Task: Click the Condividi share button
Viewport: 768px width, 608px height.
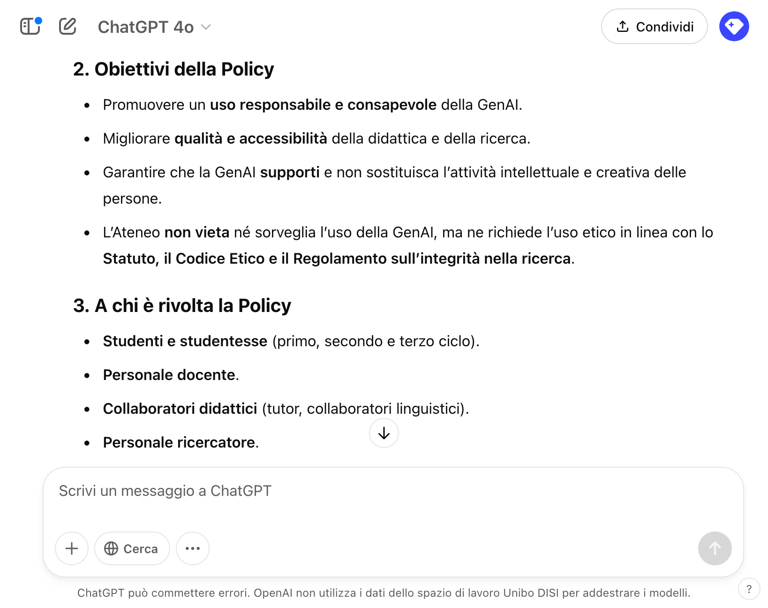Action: point(654,27)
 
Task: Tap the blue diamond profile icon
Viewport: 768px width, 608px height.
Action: point(734,26)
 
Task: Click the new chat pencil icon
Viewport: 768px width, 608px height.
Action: point(68,26)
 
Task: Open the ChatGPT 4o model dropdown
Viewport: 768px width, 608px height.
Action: point(154,27)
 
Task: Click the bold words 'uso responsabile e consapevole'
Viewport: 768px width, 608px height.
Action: point(323,105)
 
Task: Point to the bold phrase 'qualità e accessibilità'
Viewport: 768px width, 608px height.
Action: point(250,138)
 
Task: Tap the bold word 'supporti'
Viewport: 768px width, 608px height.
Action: point(290,172)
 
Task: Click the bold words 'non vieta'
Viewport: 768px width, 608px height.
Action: point(196,232)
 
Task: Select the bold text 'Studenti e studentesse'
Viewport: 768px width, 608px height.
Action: point(185,341)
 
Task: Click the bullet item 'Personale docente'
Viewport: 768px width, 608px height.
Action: point(169,375)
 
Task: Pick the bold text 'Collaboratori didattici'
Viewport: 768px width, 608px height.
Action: point(180,409)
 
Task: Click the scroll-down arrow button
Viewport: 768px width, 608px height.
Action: point(384,433)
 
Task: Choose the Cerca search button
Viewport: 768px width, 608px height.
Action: point(132,548)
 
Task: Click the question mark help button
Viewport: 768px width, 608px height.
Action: point(749,589)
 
